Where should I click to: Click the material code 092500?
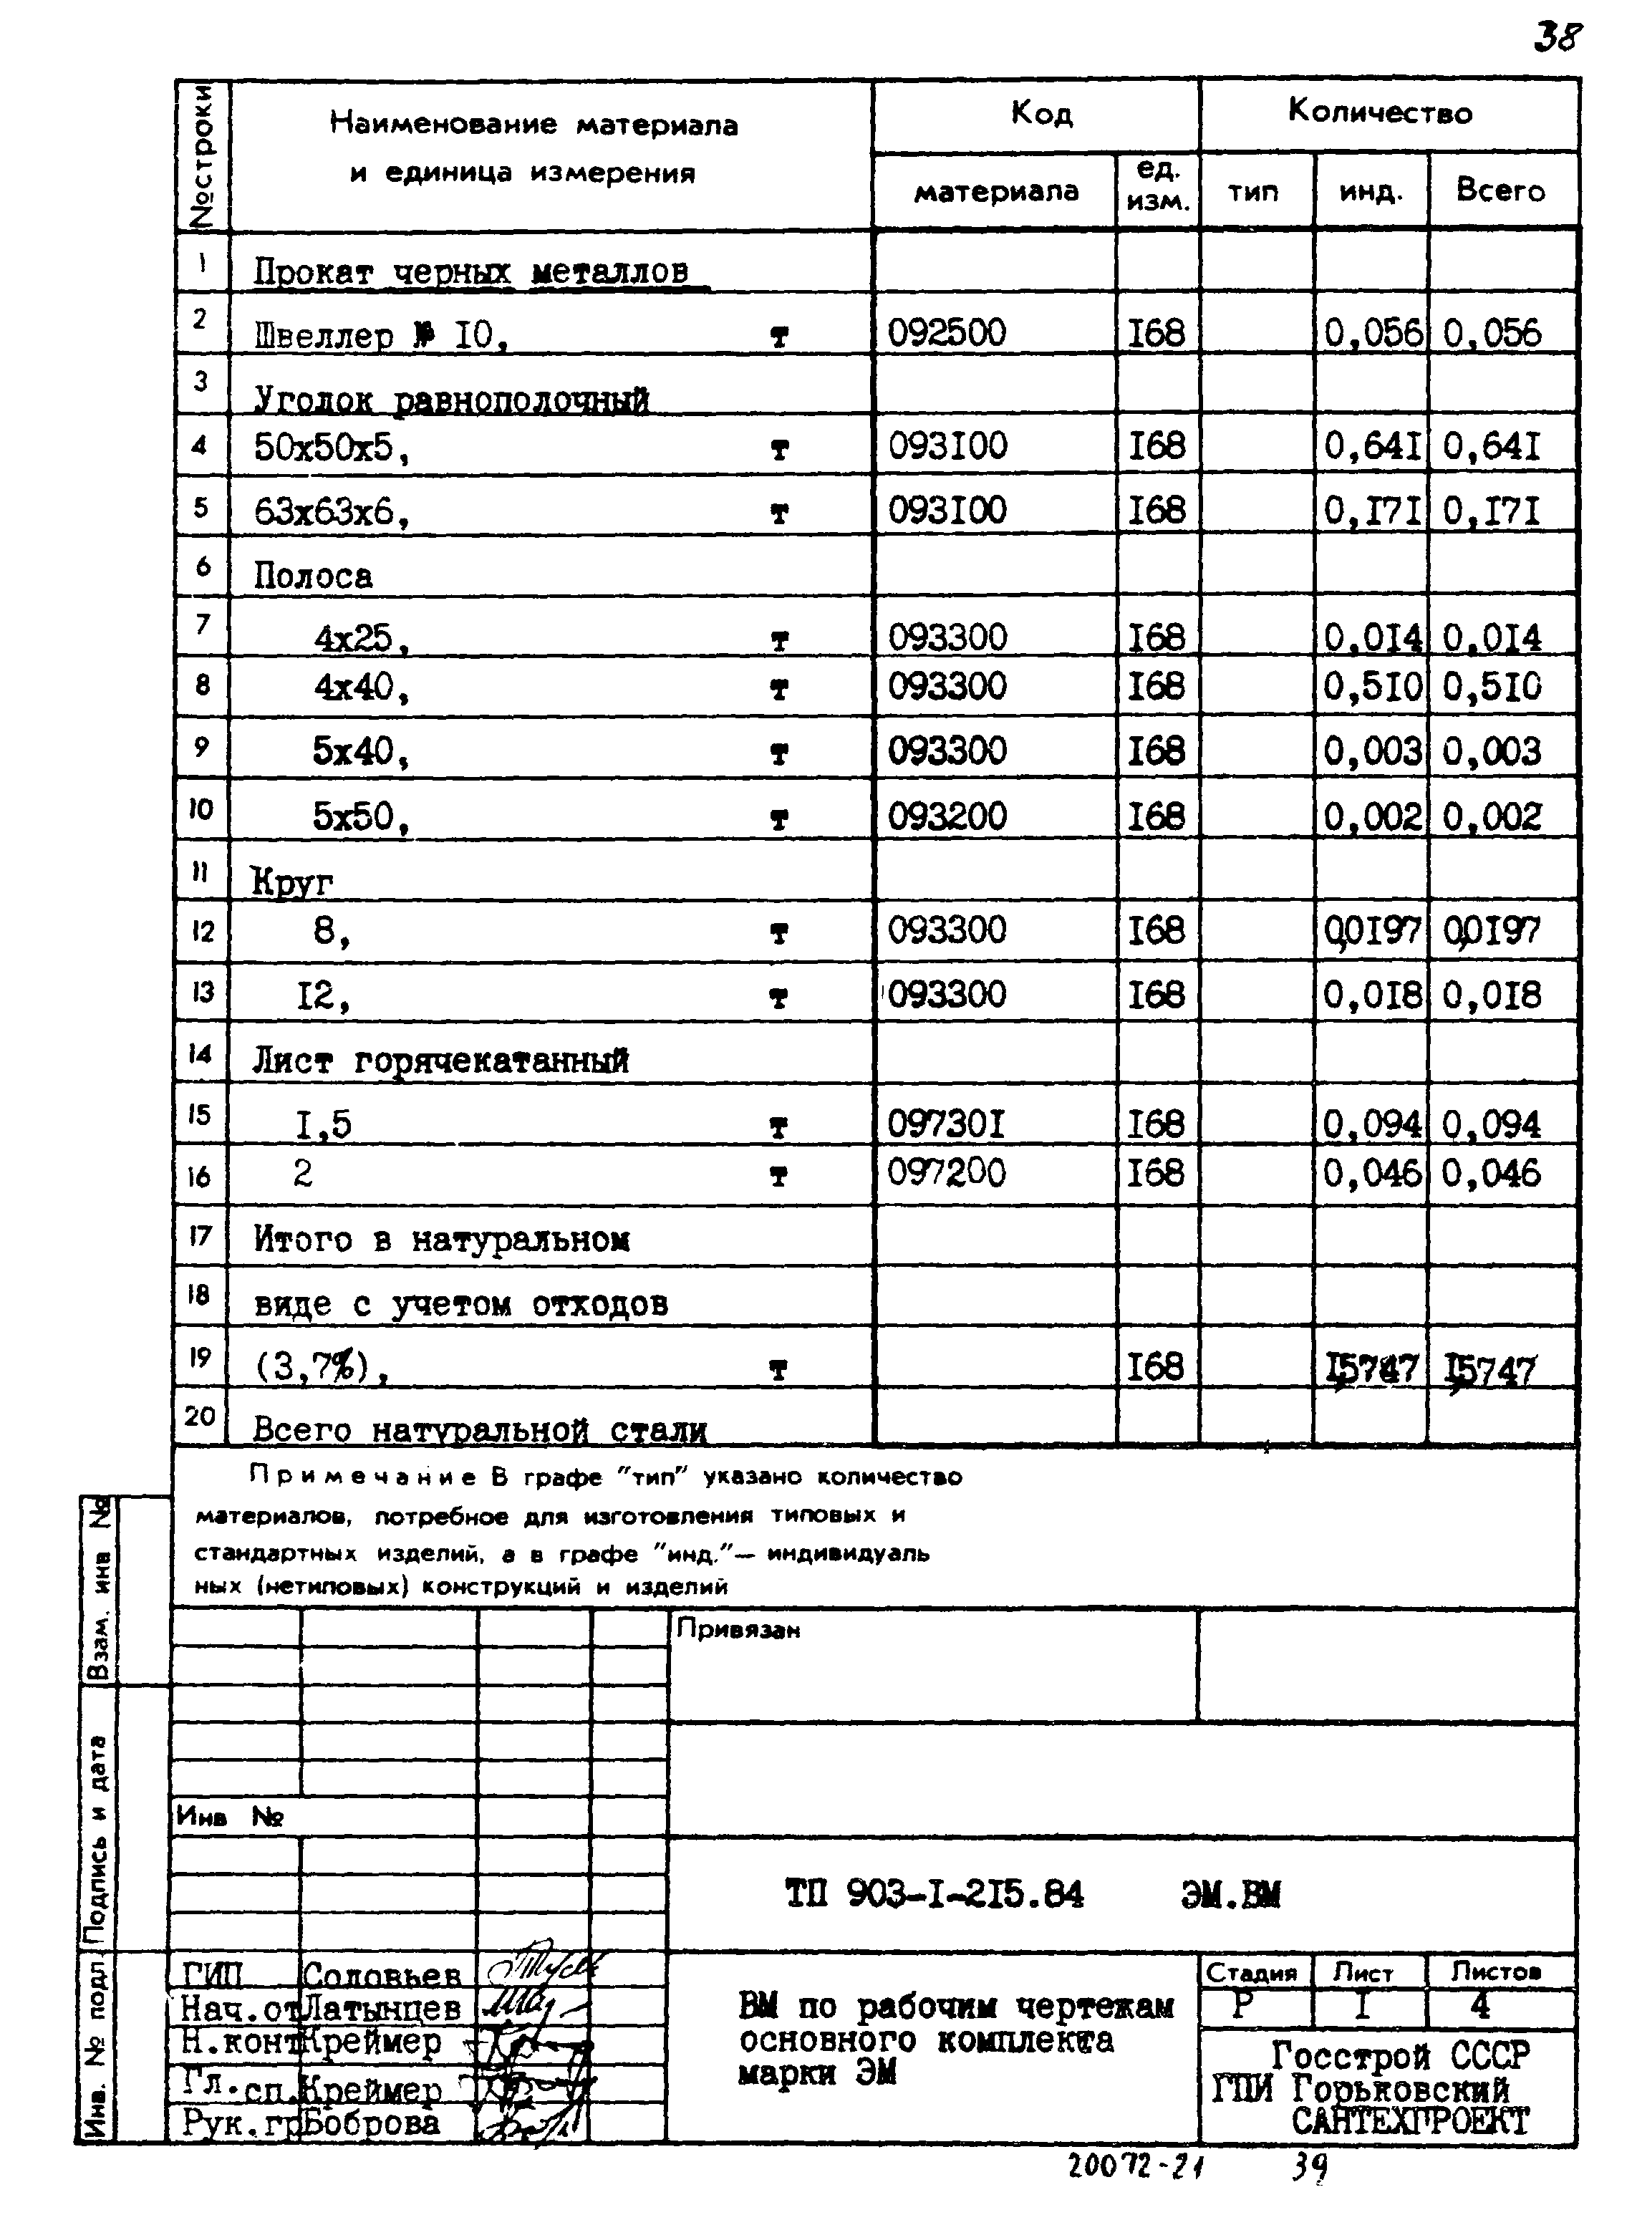[947, 333]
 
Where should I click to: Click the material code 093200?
[947, 816]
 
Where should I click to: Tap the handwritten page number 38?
[1558, 37]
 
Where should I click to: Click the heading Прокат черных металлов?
[471, 271]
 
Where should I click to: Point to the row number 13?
[201, 992]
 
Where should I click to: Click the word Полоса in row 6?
[313, 576]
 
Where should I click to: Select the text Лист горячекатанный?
[440, 1060]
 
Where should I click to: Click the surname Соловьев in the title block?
[382, 1975]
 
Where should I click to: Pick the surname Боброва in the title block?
[370, 2123]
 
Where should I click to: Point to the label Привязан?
[738, 1629]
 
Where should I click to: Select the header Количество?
[1379, 112]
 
